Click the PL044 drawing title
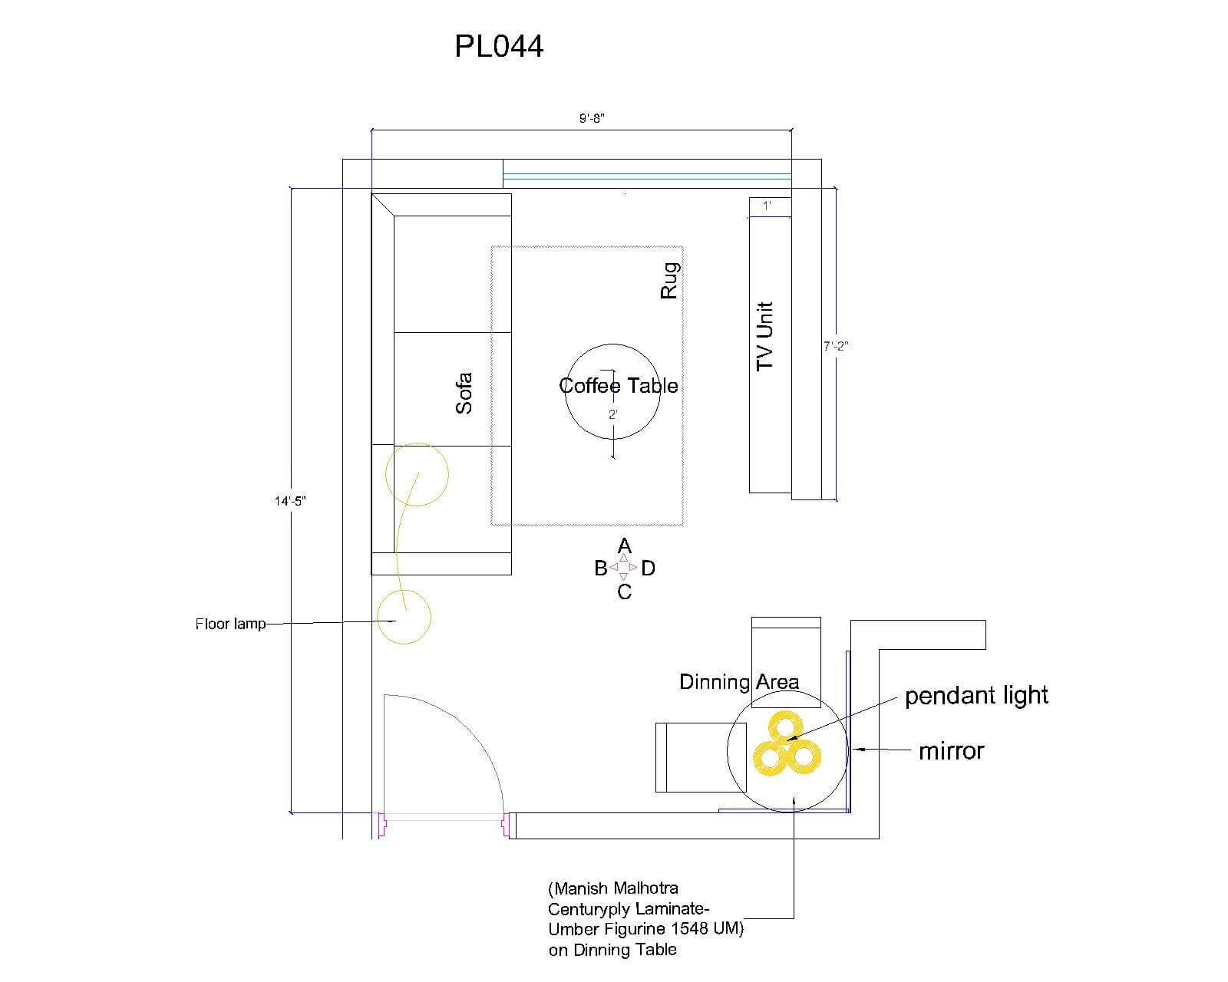pyautogui.click(x=499, y=46)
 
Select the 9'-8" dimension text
pyautogui.click(x=593, y=118)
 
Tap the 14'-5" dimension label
pyautogui.click(x=291, y=501)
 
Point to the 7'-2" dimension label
pyautogui.click(x=836, y=346)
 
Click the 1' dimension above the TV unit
pyautogui.click(x=767, y=206)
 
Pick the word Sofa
pyautogui.click(x=464, y=393)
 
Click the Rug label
pyautogui.click(x=670, y=281)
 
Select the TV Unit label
pyautogui.click(x=765, y=336)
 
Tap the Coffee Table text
pyautogui.click(x=619, y=385)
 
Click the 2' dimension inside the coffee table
pyautogui.click(x=613, y=414)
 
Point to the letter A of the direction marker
pyautogui.click(x=625, y=546)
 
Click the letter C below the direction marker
pyautogui.click(x=625, y=592)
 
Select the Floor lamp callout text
pyautogui.click(x=230, y=624)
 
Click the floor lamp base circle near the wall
pyautogui.click(x=404, y=616)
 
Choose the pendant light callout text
pyautogui.click(x=976, y=696)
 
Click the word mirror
pyautogui.click(x=951, y=751)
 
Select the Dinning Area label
pyautogui.click(x=739, y=682)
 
